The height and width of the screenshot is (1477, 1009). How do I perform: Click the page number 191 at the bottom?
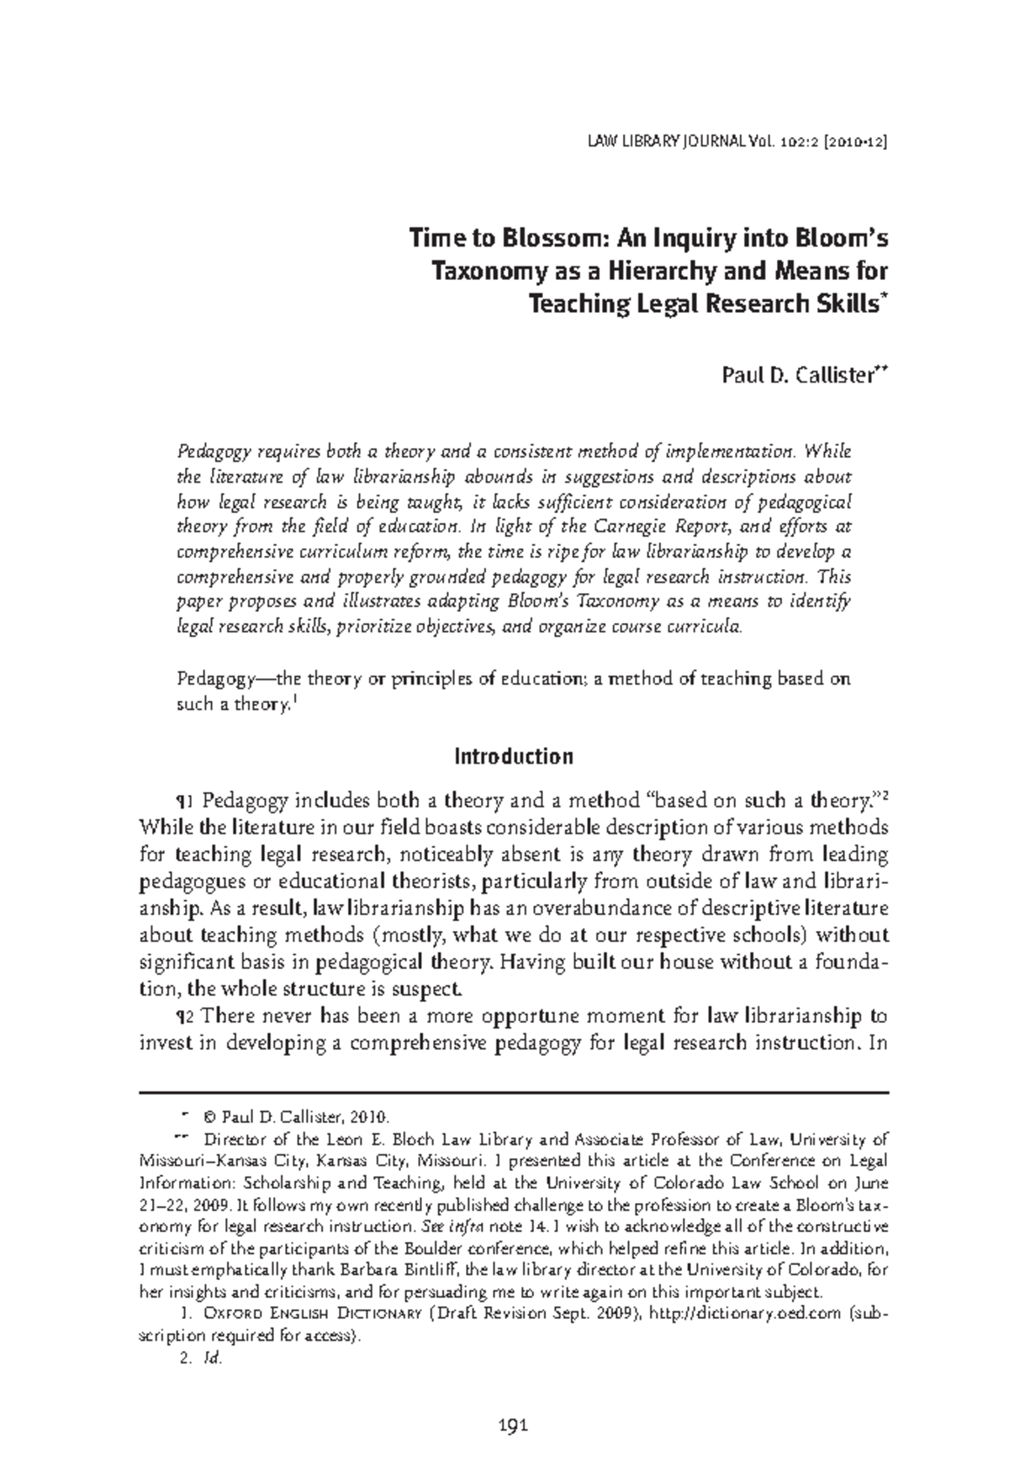(x=512, y=1424)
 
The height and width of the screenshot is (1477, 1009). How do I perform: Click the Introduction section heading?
(x=513, y=756)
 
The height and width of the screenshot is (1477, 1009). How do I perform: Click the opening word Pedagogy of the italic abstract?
(x=210, y=451)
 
